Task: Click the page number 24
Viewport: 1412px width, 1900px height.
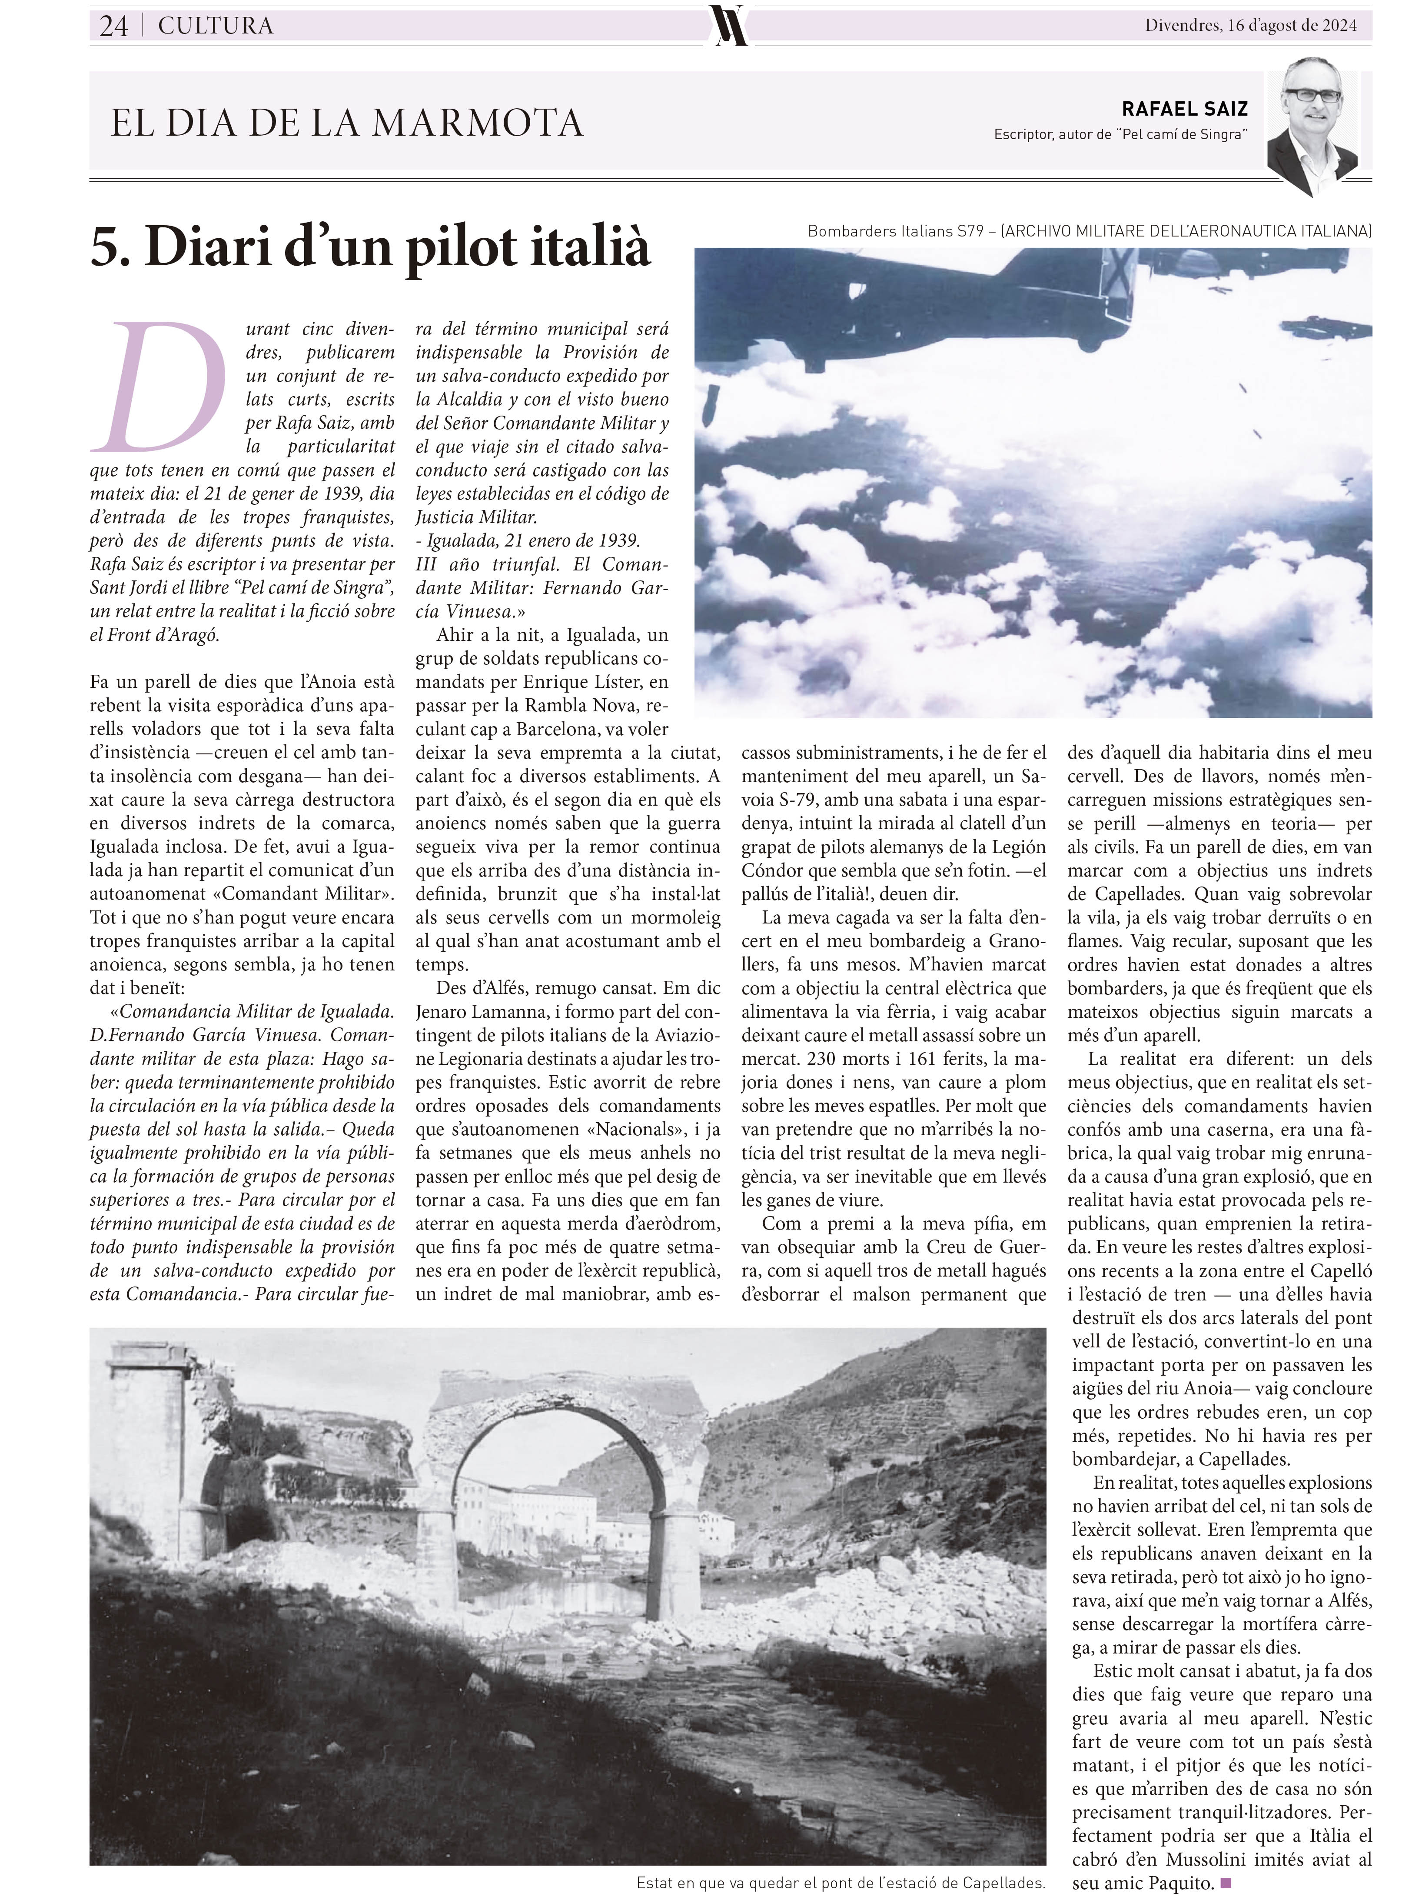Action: [114, 27]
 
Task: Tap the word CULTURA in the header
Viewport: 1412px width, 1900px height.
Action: [216, 27]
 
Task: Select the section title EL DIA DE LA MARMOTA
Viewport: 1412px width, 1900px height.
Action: [347, 123]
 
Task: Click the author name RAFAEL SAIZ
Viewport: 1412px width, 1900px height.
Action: [1185, 109]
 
